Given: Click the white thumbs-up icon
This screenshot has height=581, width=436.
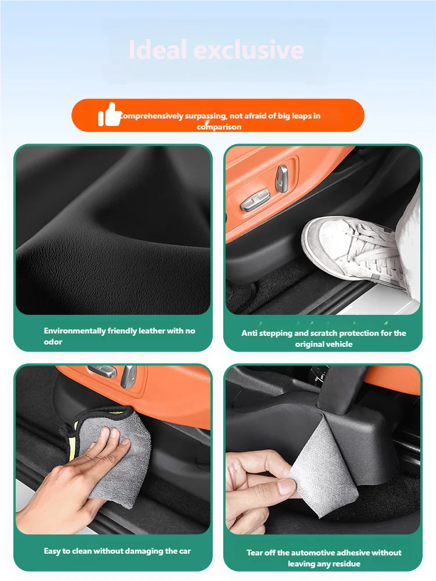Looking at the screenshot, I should pyautogui.click(x=109, y=114).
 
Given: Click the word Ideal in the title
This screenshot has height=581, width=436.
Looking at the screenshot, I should pyautogui.click(x=158, y=50).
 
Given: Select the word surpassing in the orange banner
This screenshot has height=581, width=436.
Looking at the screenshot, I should pyautogui.click(x=205, y=116).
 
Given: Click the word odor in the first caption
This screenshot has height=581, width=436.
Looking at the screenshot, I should pyautogui.click(x=53, y=342).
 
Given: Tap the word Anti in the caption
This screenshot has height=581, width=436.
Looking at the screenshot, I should pyautogui.click(x=249, y=333).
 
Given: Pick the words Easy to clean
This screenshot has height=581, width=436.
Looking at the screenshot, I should pyautogui.click(x=69, y=551).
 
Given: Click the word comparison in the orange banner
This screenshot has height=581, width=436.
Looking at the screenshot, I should pyautogui.click(x=219, y=127).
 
